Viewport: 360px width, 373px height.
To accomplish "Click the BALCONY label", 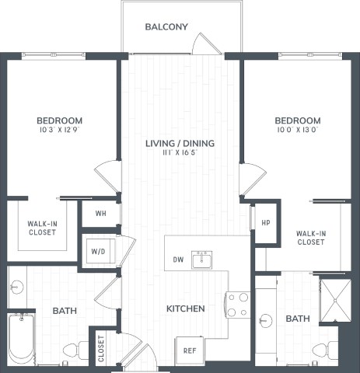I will pyautogui.click(x=166, y=27).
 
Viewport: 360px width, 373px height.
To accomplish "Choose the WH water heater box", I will pyautogui.click(x=101, y=213).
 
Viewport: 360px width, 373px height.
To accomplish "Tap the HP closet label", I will pyautogui.click(x=265, y=222).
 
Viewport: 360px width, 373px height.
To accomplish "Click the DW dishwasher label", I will pyautogui.click(x=178, y=260).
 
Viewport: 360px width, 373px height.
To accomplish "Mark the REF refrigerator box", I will pyautogui.click(x=190, y=350).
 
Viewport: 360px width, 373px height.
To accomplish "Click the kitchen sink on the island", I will pyautogui.click(x=203, y=259).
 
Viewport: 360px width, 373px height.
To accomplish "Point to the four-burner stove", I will pyautogui.click(x=237, y=305).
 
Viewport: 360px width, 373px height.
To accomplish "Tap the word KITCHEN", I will pyautogui.click(x=186, y=309).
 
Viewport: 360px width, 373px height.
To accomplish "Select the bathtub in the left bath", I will pyautogui.click(x=21, y=338).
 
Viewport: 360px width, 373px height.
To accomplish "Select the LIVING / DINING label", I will pyautogui.click(x=180, y=143).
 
